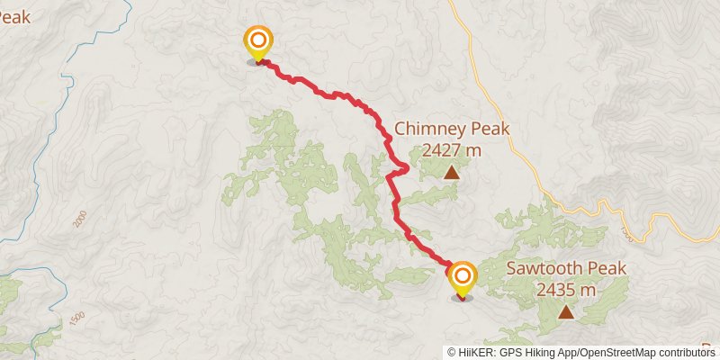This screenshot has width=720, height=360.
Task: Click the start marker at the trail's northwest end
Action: [x=258, y=41]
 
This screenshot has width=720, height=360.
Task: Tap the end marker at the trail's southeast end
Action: [x=463, y=276]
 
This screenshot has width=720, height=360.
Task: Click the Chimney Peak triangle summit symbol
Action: [x=451, y=172]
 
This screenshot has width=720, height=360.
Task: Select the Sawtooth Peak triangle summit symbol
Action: [x=565, y=312]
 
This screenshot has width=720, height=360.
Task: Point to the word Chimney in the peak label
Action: [x=427, y=130]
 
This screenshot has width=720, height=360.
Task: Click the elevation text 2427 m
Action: [x=452, y=149]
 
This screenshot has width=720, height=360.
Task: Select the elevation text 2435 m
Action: [x=566, y=290]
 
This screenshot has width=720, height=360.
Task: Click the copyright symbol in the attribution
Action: [x=452, y=352]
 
